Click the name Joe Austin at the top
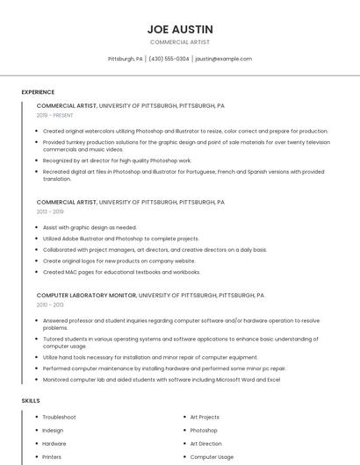[x=180, y=29]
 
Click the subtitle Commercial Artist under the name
[x=180, y=42]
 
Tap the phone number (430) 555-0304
[x=169, y=59]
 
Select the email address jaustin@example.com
[x=223, y=59]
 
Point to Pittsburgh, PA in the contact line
[x=125, y=59]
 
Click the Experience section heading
[x=38, y=92]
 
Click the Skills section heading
[x=31, y=400]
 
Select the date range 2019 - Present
[x=55, y=115]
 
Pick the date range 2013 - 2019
[x=50, y=211]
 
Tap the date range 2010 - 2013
[x=50, y=304]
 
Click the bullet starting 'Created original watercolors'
[x=184, y=131]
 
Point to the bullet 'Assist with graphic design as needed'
[x=90, y=227]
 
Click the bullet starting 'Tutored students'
[x=180, y=342]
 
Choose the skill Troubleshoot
[x=59, y=417]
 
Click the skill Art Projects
[x=205, y=417]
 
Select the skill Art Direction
[x=205, y=443]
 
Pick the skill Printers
[x=52, y=456]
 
